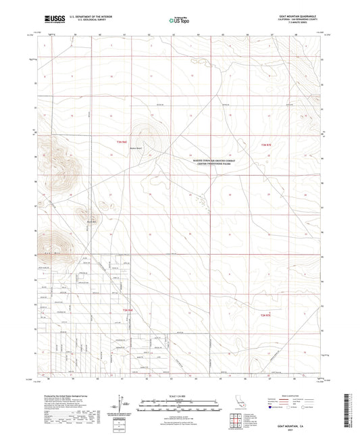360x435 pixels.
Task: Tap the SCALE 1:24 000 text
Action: [x=180, y=395]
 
